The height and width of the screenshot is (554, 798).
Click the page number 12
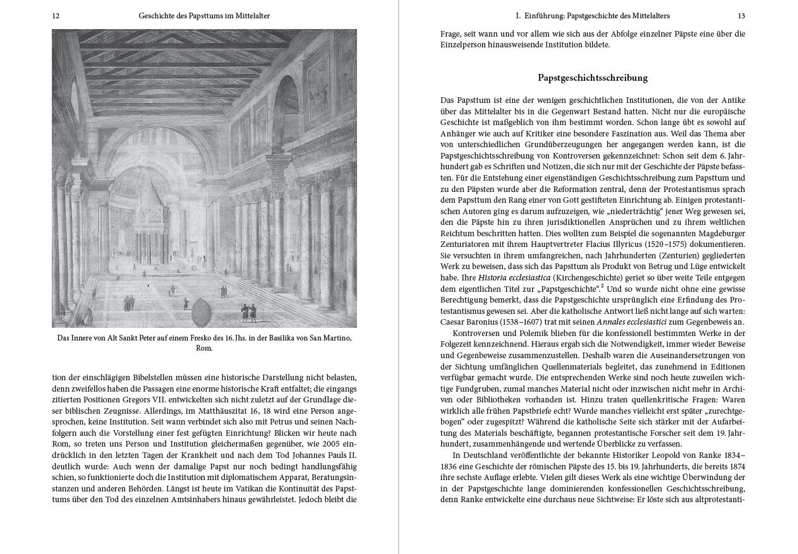[x=56, y=16]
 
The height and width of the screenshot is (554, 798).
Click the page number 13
[x=741, y=16]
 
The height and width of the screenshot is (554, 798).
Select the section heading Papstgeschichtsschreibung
[x=593, y=78]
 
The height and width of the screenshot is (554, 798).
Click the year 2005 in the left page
[x=326, y=445]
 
